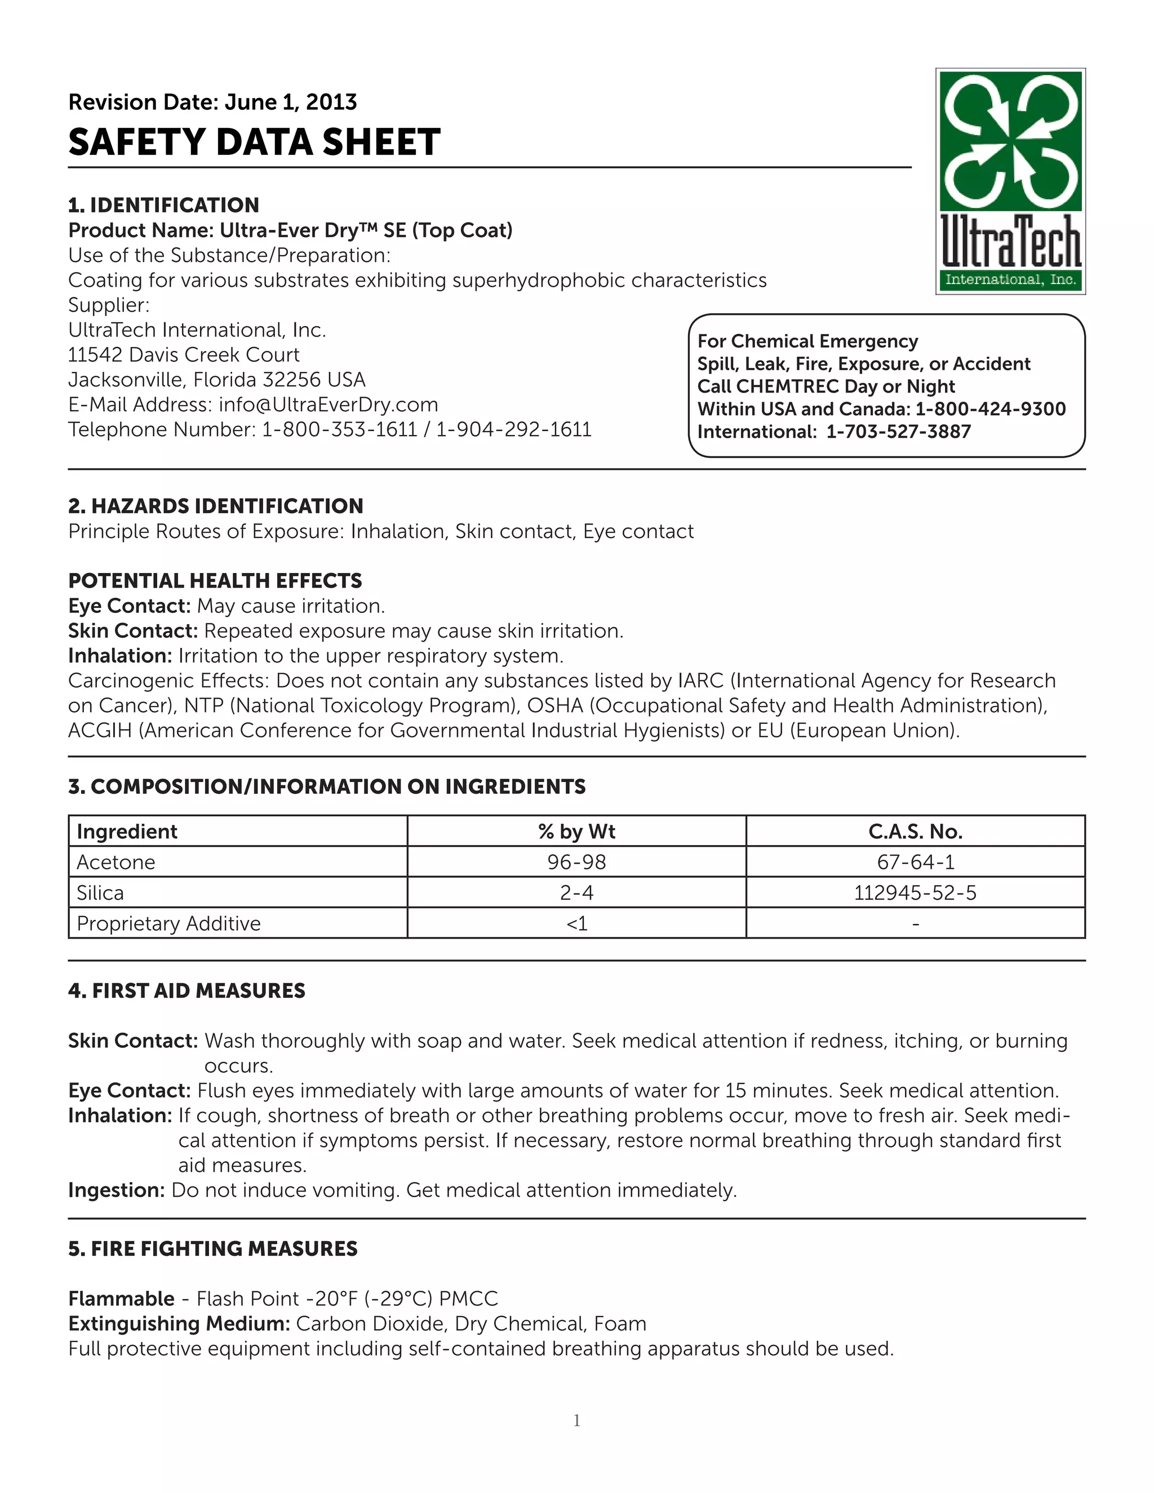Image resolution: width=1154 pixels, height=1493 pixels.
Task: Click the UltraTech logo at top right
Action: [x=1010, y=181]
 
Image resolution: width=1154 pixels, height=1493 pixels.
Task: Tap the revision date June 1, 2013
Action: [x=291, y=102]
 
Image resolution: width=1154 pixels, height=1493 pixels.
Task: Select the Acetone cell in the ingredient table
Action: [x=116, y=862]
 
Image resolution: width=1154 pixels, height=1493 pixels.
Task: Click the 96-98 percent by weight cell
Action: [x=576, y=862]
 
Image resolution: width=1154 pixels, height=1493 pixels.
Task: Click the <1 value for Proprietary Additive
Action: [x=576, y=923]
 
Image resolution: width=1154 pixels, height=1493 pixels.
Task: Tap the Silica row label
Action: [x=100, y=893]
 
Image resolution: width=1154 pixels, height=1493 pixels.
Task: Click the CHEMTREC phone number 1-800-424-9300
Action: [x=990, y=409]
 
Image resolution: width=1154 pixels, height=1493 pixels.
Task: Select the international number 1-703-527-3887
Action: [x=898, y=432]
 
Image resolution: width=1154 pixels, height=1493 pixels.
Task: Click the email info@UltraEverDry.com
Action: [x=328, y=405]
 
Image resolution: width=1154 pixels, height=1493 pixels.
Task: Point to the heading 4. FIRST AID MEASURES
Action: [x=187, y=990]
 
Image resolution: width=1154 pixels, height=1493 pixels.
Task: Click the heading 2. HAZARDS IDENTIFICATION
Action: [x=215, y=506]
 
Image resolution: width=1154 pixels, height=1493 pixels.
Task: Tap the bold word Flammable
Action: [x=122, y=1298]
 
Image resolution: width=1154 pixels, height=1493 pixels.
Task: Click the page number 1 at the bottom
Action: [x=576, y=1420]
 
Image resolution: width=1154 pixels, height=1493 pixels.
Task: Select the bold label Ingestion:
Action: [x=116, y=1190]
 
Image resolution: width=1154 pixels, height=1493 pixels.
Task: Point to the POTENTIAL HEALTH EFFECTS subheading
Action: [x=215, y=580]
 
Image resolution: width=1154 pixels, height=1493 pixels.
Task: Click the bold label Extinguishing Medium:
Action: [x=180, y=1323]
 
